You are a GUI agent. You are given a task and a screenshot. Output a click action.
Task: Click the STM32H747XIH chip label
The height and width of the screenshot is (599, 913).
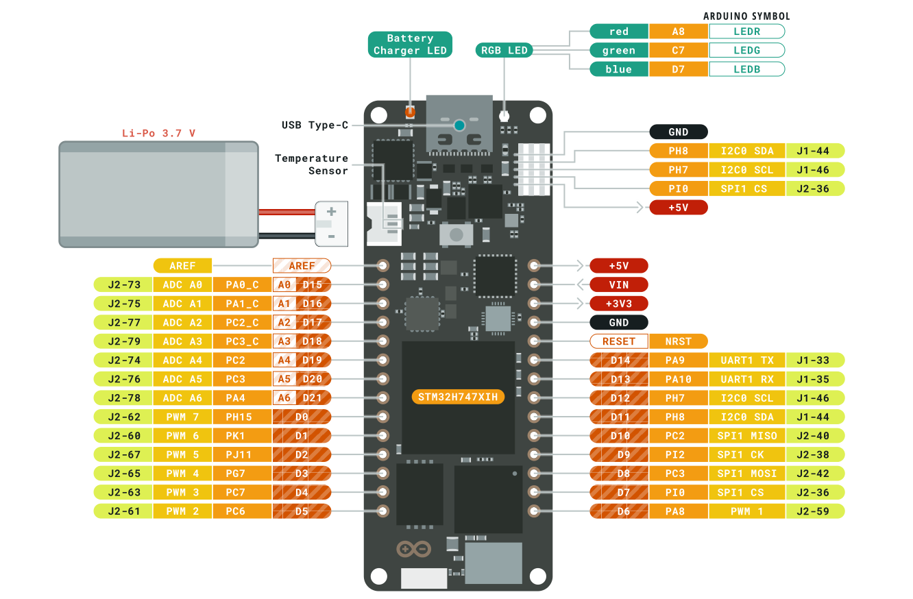[x=458, y=397]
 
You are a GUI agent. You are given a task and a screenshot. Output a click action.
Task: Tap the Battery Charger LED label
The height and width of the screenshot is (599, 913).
[x=410, y=45]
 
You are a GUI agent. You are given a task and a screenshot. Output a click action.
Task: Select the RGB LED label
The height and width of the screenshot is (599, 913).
[x=504, y=50]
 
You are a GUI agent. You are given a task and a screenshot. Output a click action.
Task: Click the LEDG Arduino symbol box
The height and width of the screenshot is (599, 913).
[x=746, y=50]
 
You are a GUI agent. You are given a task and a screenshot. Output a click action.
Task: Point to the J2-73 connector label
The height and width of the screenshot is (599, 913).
[x=123, y=284]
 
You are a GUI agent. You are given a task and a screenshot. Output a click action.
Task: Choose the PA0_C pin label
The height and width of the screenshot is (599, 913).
[x=242, y=284]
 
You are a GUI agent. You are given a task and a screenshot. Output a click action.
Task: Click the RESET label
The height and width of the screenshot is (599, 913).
[x=619, y=341]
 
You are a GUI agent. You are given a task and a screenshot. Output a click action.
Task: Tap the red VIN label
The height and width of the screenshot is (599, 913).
[x=619, y=284]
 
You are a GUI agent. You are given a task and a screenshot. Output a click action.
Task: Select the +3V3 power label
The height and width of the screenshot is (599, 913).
[x=619, y=304]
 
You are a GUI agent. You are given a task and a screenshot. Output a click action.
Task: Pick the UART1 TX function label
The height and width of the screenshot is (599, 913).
[x=746, y=360]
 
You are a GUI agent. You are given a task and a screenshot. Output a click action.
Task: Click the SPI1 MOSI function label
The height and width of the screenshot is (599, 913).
[x=746, y=474]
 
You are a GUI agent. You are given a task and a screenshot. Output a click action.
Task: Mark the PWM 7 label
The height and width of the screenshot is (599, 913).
[x=182, y=417]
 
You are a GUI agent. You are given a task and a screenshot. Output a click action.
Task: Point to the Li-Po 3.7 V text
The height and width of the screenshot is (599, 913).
[x=158, y=133]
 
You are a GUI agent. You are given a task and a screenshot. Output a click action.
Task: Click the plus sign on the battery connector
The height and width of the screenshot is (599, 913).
[x=331, y=212]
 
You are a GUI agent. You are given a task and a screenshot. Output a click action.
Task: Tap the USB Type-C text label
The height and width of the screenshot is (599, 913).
[x=315, y=125]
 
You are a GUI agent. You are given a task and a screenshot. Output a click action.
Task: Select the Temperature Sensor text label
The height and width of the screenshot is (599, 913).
[x=312, y=164]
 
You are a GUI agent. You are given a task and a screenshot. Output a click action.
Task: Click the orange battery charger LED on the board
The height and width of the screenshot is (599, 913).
[x=410, y=112]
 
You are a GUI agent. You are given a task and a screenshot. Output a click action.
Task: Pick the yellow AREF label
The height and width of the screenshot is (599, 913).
[x=182, y=266]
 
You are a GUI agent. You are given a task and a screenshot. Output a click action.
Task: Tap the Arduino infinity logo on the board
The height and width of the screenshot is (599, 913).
[x=414, y=549]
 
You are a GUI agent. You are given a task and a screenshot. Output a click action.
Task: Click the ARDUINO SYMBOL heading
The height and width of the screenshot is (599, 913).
[x=746, y=16]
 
